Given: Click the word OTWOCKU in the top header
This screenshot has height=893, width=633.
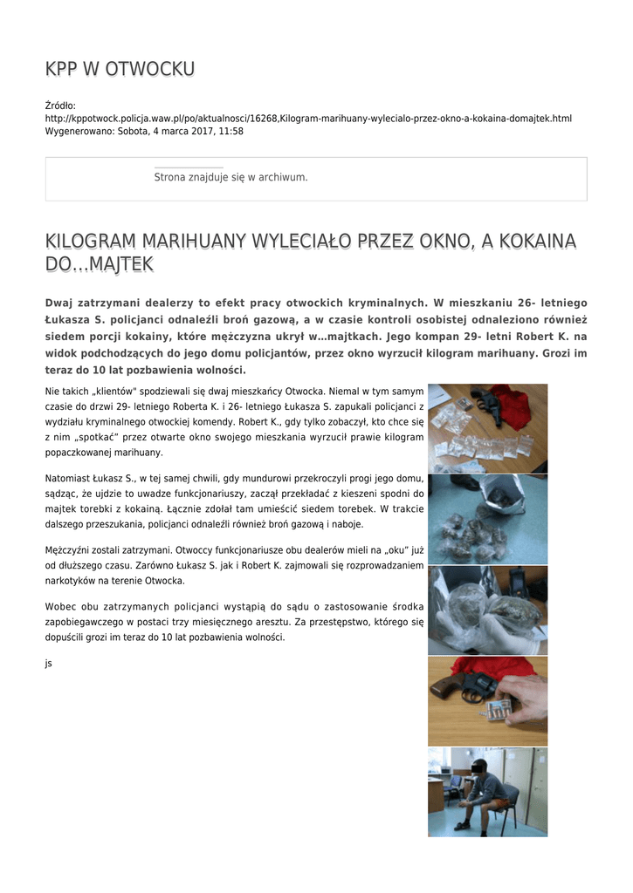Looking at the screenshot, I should click(150, 69).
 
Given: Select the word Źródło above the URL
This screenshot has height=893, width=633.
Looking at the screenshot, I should click(59, 106).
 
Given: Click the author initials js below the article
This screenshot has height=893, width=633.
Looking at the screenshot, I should click(49, 663).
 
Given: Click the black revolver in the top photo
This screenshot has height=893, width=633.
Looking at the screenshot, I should click(485, 402).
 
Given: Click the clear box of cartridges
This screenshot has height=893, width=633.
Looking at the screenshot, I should click(494, 706).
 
